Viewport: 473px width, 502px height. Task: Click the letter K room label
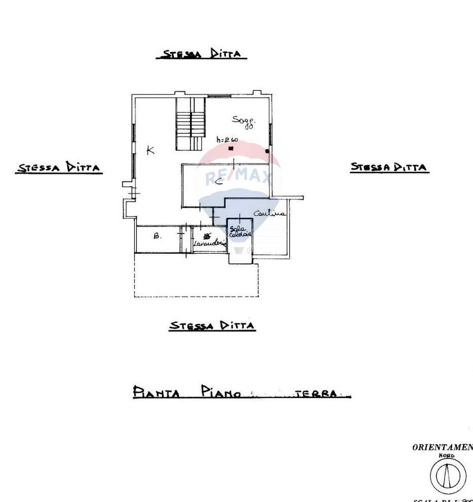coord(150,150)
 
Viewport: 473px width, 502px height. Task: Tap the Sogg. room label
coord(244,121)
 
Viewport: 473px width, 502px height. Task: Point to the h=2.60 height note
coord(227,140)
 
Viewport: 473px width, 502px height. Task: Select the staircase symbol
coord(190,124)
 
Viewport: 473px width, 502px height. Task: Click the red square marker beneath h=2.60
coord(231,149)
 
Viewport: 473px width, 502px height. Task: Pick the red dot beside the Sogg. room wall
coord(267,151)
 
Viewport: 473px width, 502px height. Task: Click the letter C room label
coord(219,182)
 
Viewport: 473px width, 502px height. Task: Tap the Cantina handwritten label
coord(269,214)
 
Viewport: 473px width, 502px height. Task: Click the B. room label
coord(157,236)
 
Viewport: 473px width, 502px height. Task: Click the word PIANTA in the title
coord(156,392)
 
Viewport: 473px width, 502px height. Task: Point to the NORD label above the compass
coord(447,456)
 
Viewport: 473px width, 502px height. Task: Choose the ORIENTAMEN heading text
coord(442,447)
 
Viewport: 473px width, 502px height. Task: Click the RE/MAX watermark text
coord(238,178)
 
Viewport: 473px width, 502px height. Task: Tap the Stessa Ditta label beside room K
coord(59,168)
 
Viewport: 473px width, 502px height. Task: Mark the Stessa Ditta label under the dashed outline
coord(212,326)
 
